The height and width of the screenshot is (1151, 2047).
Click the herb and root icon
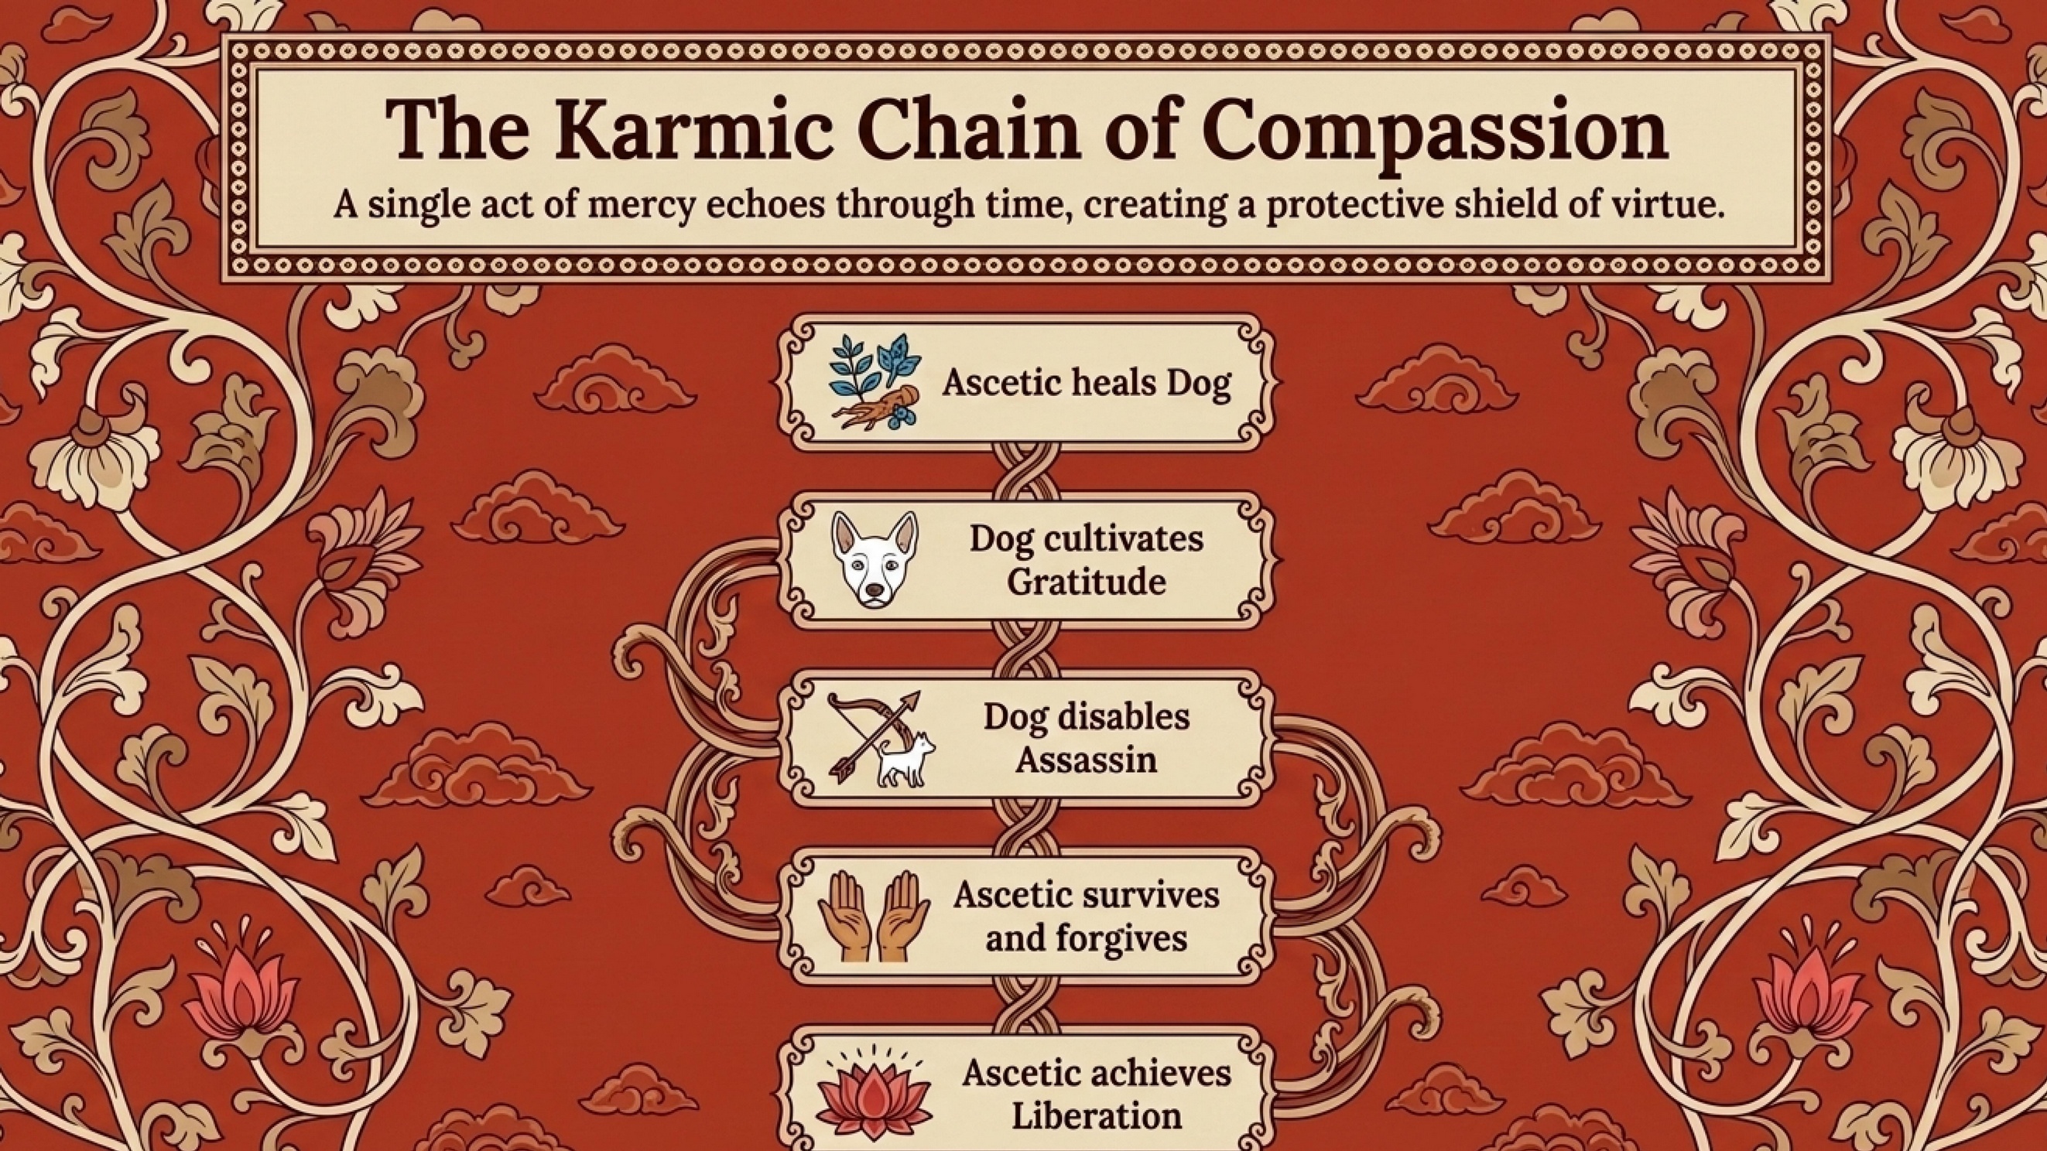[x=874, y=382]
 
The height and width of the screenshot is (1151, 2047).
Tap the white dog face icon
[x=874, y=560]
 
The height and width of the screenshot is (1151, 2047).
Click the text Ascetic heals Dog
[x=1087, y=383]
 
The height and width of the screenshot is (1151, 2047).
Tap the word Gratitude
[x=1087, y=582]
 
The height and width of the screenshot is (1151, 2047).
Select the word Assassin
[x=1087, y=760]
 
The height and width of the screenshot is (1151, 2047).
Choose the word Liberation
[x=1097, y=1117]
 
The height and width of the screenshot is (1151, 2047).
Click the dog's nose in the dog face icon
[x=874, y=590]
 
